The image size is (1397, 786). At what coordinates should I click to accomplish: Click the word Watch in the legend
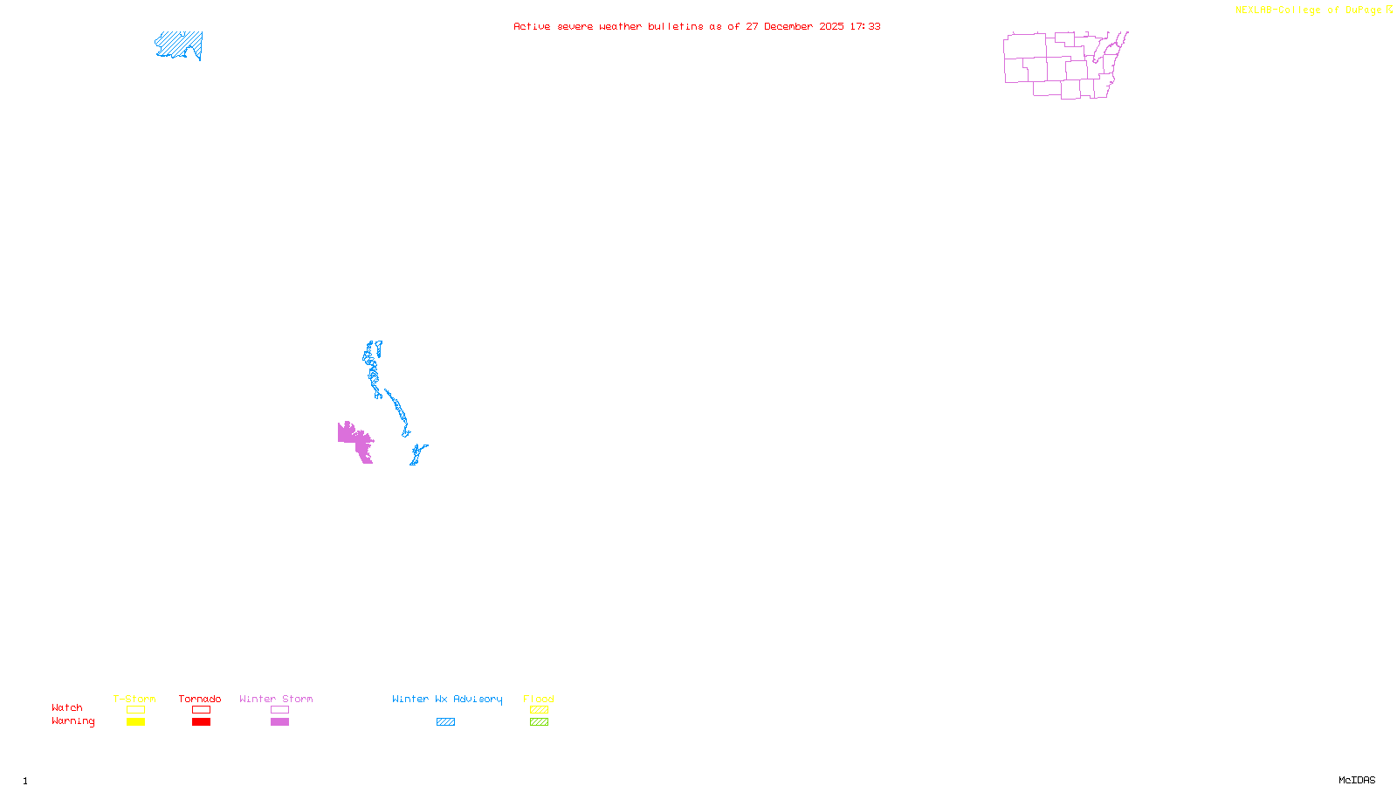click(x=67, y=708)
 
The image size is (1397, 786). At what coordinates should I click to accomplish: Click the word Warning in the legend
click(x=73, y=721)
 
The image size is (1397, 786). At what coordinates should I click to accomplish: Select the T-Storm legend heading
click(x=134, y=699)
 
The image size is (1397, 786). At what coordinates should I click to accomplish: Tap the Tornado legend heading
click(x=200, y=699)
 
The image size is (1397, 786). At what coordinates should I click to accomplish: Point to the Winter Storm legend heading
click(x=276, y=699)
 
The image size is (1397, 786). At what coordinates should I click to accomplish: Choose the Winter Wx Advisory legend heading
click(x=447, y=699)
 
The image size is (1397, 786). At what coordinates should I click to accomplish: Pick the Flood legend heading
click(x=539, y=699)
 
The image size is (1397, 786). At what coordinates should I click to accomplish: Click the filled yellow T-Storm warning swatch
click(x=135, y=722)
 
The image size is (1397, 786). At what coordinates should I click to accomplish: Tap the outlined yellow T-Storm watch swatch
click(x=135, y=710)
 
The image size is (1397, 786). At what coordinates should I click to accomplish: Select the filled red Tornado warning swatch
click(x=202, y=722)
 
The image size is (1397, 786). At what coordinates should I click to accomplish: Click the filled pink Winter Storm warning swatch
click(x=279, y=722)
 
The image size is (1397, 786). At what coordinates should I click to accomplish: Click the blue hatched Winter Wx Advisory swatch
click(x=445, y=722)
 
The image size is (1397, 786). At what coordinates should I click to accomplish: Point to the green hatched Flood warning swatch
click(x=539, y=722)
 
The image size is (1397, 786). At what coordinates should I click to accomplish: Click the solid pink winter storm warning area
click(x=355, y=439)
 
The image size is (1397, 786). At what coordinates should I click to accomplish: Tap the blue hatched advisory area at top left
click(x=180, y=45)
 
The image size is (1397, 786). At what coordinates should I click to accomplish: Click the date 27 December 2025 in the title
click(x=795, y=27)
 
